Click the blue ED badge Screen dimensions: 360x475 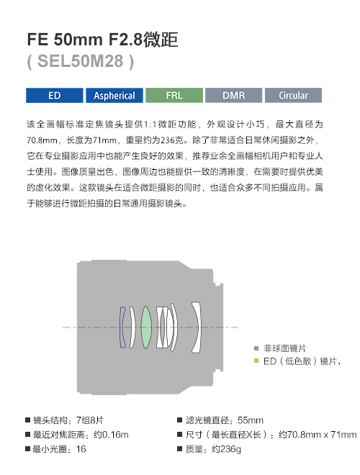[55, 96]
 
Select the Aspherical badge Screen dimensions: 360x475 [114, 96]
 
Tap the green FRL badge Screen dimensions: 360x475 [174, 96]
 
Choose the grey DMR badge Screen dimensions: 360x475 [233, 96]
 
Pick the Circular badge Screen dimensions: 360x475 [293, 96]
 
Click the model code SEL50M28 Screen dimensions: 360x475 [81, 61]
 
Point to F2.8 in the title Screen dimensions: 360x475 [125, 40]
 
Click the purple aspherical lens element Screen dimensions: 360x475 [122, 327]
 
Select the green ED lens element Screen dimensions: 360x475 [146, 327]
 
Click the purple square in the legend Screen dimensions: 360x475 [256, 348]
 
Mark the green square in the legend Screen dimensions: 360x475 [256, 361]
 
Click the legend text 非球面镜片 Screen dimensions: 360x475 [285, 348]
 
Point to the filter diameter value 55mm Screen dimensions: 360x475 [251, 420]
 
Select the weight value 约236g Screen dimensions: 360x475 [226, 449]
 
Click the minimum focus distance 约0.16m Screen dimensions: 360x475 [111, 435]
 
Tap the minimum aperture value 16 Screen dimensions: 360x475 [81, 449]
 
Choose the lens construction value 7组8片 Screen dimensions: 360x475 [90, 420]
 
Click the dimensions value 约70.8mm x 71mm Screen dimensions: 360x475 [318, 435]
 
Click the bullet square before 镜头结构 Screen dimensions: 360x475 [28, 420]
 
